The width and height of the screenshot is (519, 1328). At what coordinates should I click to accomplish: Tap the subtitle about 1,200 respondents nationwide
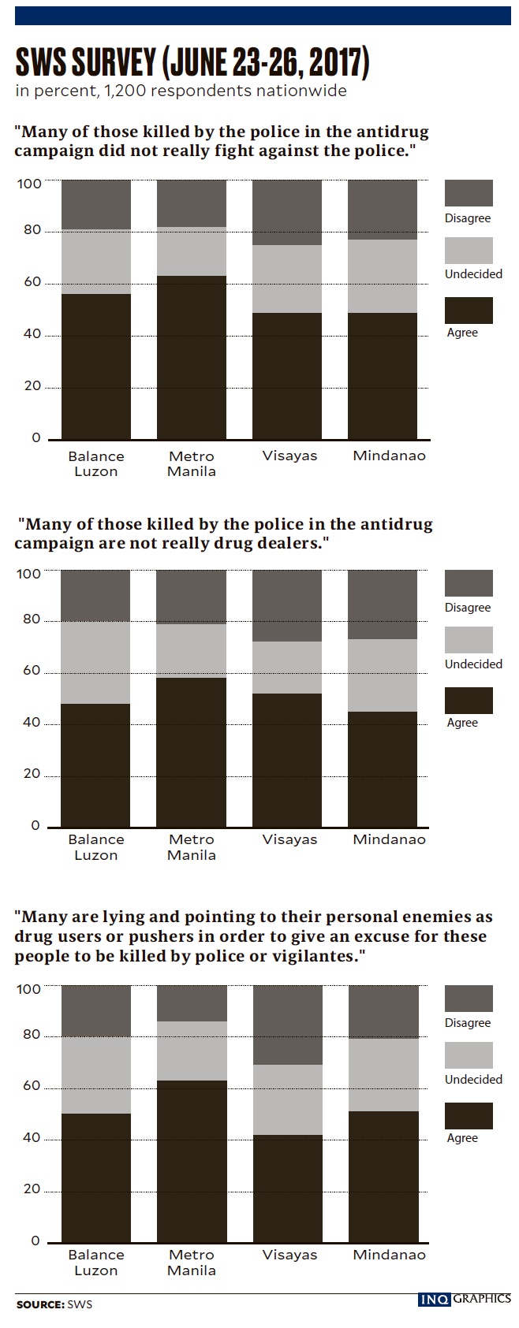(181, 91)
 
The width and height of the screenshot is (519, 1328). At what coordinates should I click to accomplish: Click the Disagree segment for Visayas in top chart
(287, 212)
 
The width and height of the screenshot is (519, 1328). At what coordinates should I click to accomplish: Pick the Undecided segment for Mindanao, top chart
(383, 276)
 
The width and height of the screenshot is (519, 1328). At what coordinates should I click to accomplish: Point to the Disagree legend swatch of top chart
(469, 193)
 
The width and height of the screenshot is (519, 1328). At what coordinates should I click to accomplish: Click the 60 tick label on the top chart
(31, 283)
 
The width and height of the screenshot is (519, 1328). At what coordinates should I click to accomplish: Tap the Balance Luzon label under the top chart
(96, 463)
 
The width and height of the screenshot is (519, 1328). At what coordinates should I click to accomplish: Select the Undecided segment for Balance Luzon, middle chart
(96, 662)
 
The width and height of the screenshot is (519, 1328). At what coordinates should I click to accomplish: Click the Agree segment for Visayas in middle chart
(287, 760)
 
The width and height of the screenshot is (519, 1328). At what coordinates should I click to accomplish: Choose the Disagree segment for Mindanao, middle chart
(383, 604)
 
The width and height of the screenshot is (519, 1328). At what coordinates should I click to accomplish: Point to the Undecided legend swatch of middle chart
(469, 640)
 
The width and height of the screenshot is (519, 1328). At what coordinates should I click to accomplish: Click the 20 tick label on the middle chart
(31, 774)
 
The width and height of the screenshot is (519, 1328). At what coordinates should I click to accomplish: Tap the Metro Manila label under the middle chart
(192, 847)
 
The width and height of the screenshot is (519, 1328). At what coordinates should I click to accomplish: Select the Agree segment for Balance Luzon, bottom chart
(96, 1177)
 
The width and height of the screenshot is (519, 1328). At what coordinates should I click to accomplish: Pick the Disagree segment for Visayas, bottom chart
(287, 1025)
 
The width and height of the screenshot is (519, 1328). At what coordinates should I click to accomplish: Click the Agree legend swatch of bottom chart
(469, 1116)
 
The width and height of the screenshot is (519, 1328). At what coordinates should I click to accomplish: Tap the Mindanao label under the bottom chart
(389, 1255)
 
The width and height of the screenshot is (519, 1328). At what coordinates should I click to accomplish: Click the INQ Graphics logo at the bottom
(464, 1299)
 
